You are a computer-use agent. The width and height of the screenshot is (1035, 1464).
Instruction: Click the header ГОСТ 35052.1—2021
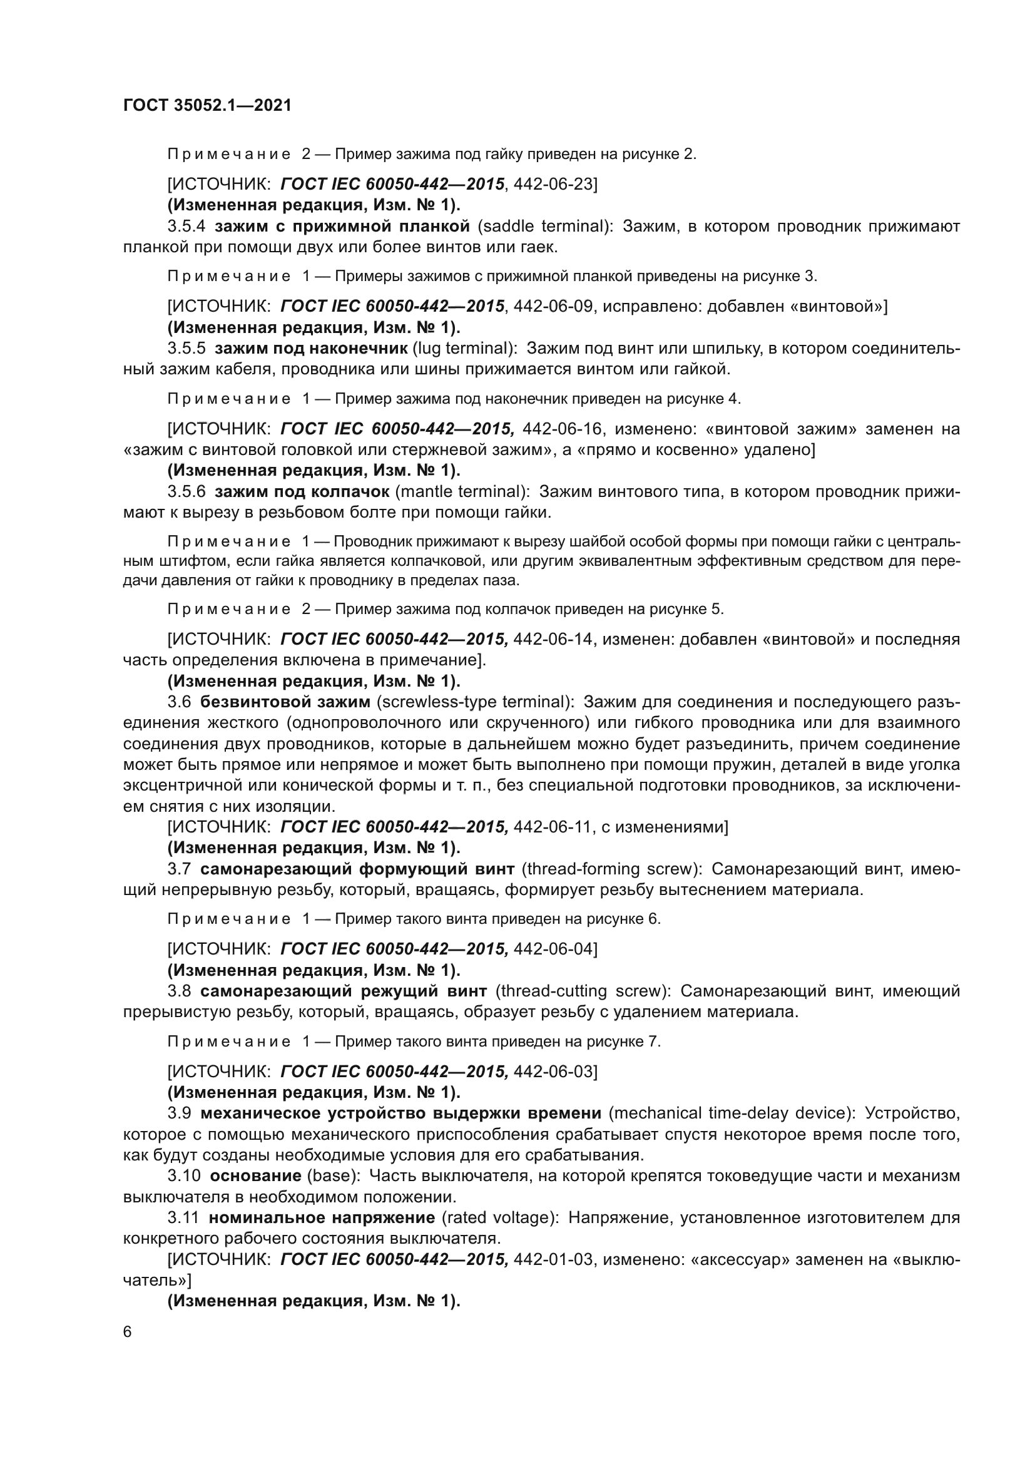[x=207, y=106]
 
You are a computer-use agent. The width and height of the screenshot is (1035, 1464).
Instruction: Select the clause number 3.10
[x=184, y=1176]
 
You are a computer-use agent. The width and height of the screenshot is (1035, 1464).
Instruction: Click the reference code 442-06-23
[x=553, y=184]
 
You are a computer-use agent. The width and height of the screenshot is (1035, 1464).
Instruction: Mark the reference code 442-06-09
[x=553, y=307]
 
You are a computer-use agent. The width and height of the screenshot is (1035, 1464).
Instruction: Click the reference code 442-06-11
[x=553, y=827]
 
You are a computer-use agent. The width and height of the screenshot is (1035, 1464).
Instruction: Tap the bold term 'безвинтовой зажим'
[x=285, y=702]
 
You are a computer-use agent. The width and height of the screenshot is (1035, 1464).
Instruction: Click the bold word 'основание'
[x=255, y=1176]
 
